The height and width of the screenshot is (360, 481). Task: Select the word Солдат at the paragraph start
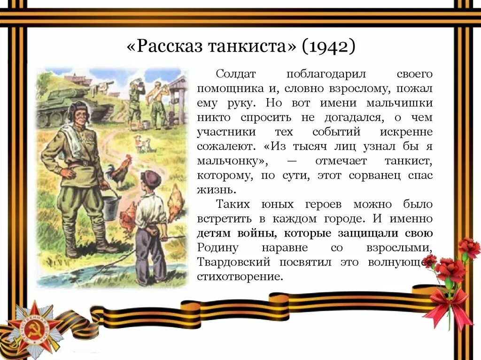(236, 74)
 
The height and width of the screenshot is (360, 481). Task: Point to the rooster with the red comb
(119, 172)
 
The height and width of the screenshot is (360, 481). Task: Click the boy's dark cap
(151, 178)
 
